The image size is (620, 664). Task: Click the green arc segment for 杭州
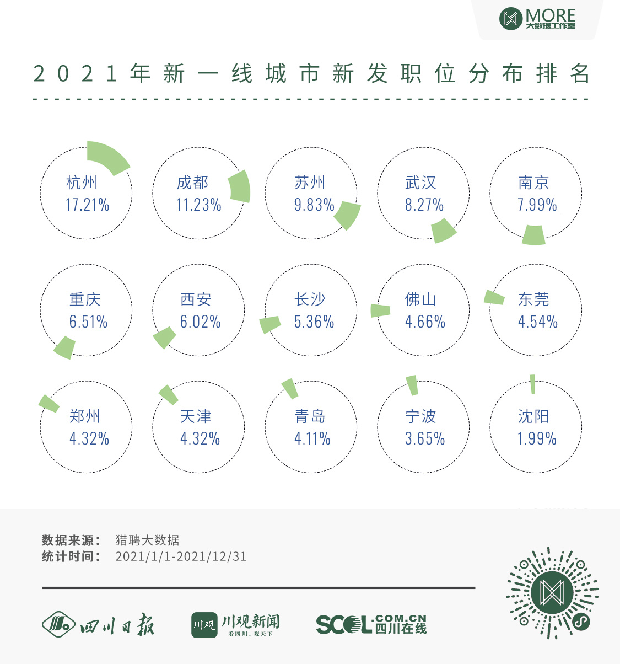109,157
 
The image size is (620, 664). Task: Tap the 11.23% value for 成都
198,205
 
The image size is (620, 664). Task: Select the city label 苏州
310,183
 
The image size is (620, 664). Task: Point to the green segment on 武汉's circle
444,231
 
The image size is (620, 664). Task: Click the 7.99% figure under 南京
537,205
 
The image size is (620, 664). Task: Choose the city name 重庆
85,299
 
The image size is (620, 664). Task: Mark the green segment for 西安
164,337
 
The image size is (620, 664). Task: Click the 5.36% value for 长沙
314,322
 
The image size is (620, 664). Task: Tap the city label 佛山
420,299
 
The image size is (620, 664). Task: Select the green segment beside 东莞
494,297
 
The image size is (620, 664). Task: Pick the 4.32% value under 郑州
89,439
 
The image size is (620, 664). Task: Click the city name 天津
196,416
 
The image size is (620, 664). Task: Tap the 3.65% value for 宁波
424,439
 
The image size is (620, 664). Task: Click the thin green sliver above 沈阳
532,384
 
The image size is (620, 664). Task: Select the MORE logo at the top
537,19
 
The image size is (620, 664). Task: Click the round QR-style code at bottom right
552,593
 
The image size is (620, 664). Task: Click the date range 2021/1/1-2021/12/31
181,556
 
